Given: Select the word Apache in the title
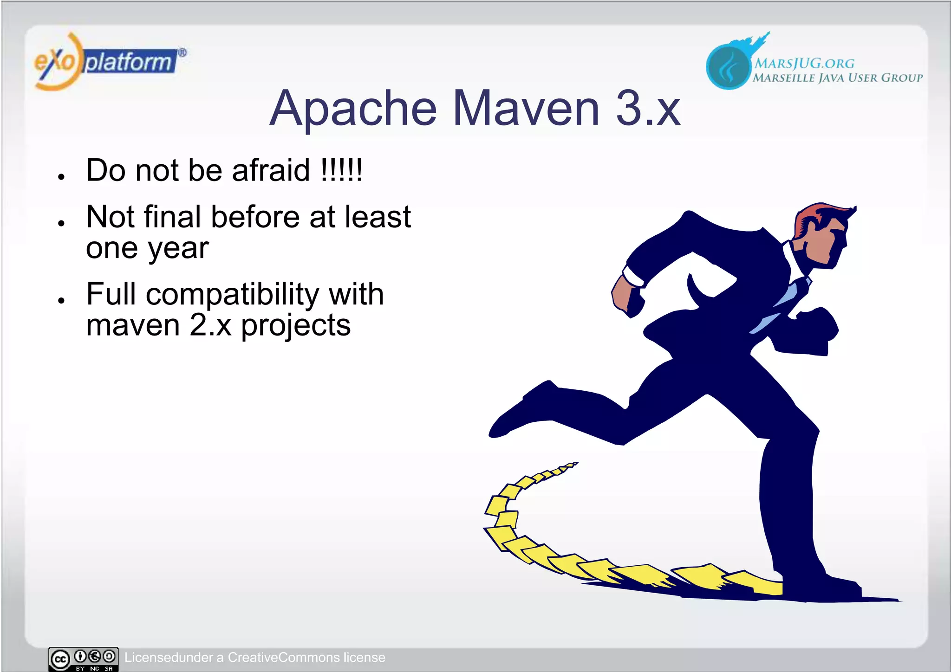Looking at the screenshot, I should (353, 109).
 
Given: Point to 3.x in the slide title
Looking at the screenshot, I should (648, 109).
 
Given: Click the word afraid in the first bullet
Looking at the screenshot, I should (271, 170).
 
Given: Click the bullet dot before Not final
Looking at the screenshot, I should (61, 223).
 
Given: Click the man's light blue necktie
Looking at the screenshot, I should (785, 302).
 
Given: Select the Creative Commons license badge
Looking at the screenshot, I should (84, 659).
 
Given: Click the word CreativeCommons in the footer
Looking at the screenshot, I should (284, 658).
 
